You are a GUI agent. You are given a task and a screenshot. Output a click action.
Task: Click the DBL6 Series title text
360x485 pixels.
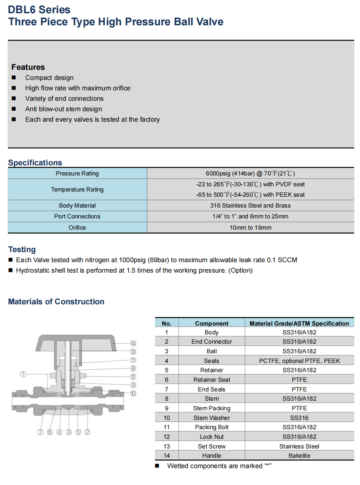(x=39, y=10)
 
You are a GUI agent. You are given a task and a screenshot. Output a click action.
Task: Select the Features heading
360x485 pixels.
(x=28, y=67)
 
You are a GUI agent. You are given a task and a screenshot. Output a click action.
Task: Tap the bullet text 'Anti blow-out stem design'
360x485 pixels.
(x=63, y=109)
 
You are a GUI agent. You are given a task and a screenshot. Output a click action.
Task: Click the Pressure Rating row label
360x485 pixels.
(x=77, y=173)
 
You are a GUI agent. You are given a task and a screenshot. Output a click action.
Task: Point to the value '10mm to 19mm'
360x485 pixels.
(x=250, y=228)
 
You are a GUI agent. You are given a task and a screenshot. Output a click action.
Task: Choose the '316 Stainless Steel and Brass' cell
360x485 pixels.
(x=250, y=206)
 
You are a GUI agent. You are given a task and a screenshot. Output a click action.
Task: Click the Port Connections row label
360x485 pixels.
(x=77, y=216)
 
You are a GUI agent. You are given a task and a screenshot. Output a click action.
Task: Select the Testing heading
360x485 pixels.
(x=22, y=249)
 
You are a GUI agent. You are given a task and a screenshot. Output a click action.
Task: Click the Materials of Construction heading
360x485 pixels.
(x=56, y=302)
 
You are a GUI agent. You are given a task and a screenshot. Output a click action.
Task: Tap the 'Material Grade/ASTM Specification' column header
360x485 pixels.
(x=299, y=323)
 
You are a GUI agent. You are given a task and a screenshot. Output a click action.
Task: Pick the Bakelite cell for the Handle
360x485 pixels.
(x=299, y=456)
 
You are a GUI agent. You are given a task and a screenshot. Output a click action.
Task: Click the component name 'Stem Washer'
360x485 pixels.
(x=212, y=418)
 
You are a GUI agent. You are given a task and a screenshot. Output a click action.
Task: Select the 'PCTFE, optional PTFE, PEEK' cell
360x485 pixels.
(x=299, y=361)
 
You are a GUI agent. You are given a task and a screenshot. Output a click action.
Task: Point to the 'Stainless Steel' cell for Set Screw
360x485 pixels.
(x=299, y=446)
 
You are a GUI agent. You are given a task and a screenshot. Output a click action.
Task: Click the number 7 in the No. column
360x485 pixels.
(x=167, y=389)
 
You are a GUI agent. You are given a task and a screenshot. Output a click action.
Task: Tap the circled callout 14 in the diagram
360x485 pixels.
(x=133, y=343)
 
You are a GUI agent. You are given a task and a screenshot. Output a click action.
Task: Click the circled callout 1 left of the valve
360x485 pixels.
(x=23, y=374)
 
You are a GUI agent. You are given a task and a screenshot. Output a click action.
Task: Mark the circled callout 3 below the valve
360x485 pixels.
(x=69, y=432)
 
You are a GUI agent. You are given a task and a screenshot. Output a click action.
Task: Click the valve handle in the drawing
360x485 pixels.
(x=76, y=342)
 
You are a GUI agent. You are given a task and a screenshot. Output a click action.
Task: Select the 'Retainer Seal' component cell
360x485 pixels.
(x=212, y=380)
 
